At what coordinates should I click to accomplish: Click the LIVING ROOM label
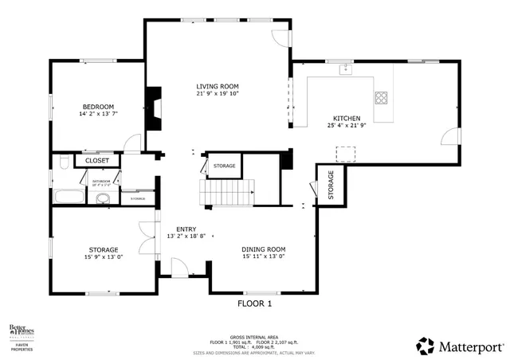pyautogui.click(x=218, y=86)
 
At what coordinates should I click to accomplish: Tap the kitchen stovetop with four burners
pyautogui.click(x=382, y=99)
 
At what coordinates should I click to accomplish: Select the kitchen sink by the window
pyautogui.click(x=345, y=71)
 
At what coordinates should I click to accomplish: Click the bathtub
pyautogui.click(x=70, y=197)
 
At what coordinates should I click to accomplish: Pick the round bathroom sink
pyautogui.click(x=102, y=198)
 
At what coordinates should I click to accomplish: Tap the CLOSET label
pyautogui.click(x=97, y=160)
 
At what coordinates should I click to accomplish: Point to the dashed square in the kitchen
pyautogui.click(x=345, y=153)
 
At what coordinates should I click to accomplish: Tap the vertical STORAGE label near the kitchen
pyautogui.click(x=331, y=185)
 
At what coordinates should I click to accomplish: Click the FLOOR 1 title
pyautogui.click(x=255, y=303)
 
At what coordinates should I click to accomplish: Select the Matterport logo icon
pyautogui.click(x=426, y=345)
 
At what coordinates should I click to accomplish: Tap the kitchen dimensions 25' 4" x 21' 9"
pyautogui.click(x=347, y=125)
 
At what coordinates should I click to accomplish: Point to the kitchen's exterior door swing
pyautogui.click(x=451, y=136)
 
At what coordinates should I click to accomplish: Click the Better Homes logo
pyautogui.click(x=23, y=332)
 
